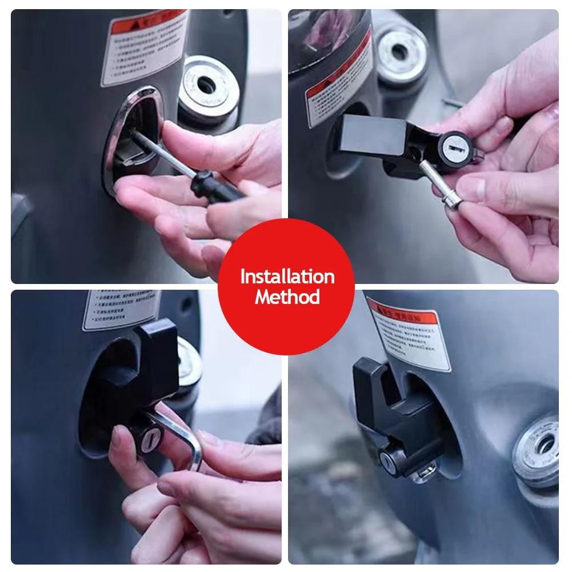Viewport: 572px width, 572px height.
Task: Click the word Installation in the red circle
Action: [x=287, y=277]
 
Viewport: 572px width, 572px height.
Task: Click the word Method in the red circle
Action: [x=287, y=297]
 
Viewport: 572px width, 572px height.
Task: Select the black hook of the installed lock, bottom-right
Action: [x=374, y=389]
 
